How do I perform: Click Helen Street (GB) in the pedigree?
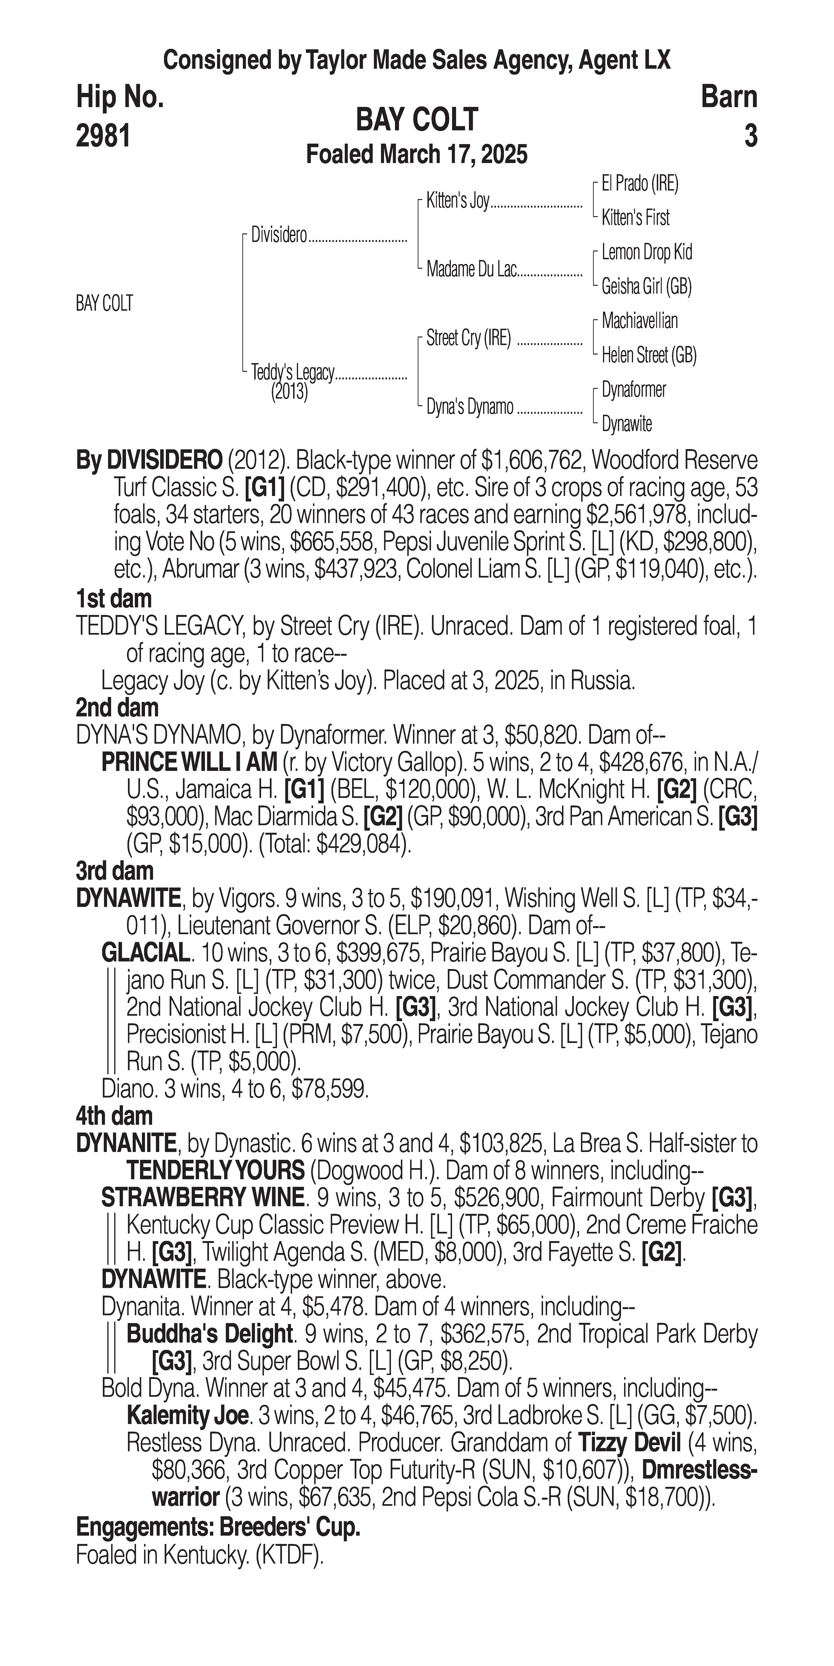coord(648,355)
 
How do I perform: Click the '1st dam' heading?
coord(114,599)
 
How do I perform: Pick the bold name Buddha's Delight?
coord(210,1334)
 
